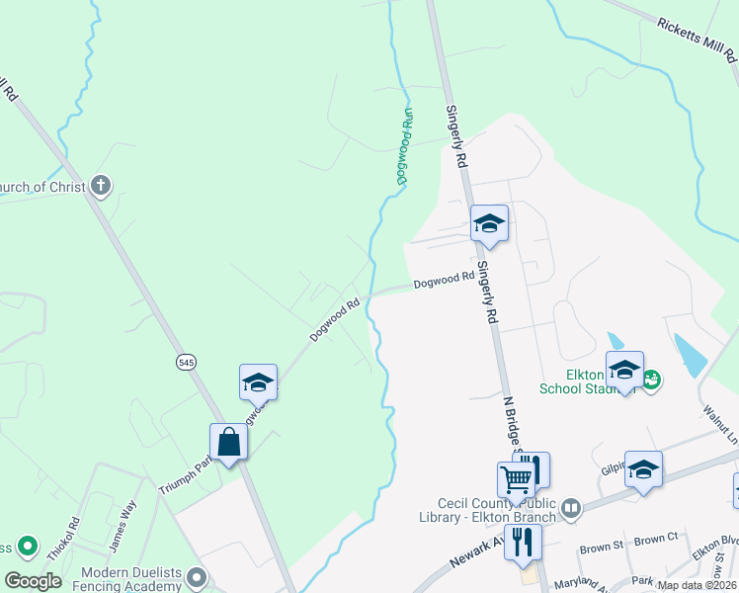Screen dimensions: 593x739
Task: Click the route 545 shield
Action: tap(187, 363)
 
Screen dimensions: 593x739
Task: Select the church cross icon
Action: tap(100, 185)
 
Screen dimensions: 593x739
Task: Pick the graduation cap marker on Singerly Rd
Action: tap(489, 223)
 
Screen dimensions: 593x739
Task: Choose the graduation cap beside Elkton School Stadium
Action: tap(624, 370)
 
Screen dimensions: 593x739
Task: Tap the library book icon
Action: tap(570, 508)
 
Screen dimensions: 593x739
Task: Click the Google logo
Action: tap(33, 581)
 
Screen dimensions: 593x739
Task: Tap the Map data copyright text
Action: tap(697, 585)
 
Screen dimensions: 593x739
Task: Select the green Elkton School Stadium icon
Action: tap(651, 378)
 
